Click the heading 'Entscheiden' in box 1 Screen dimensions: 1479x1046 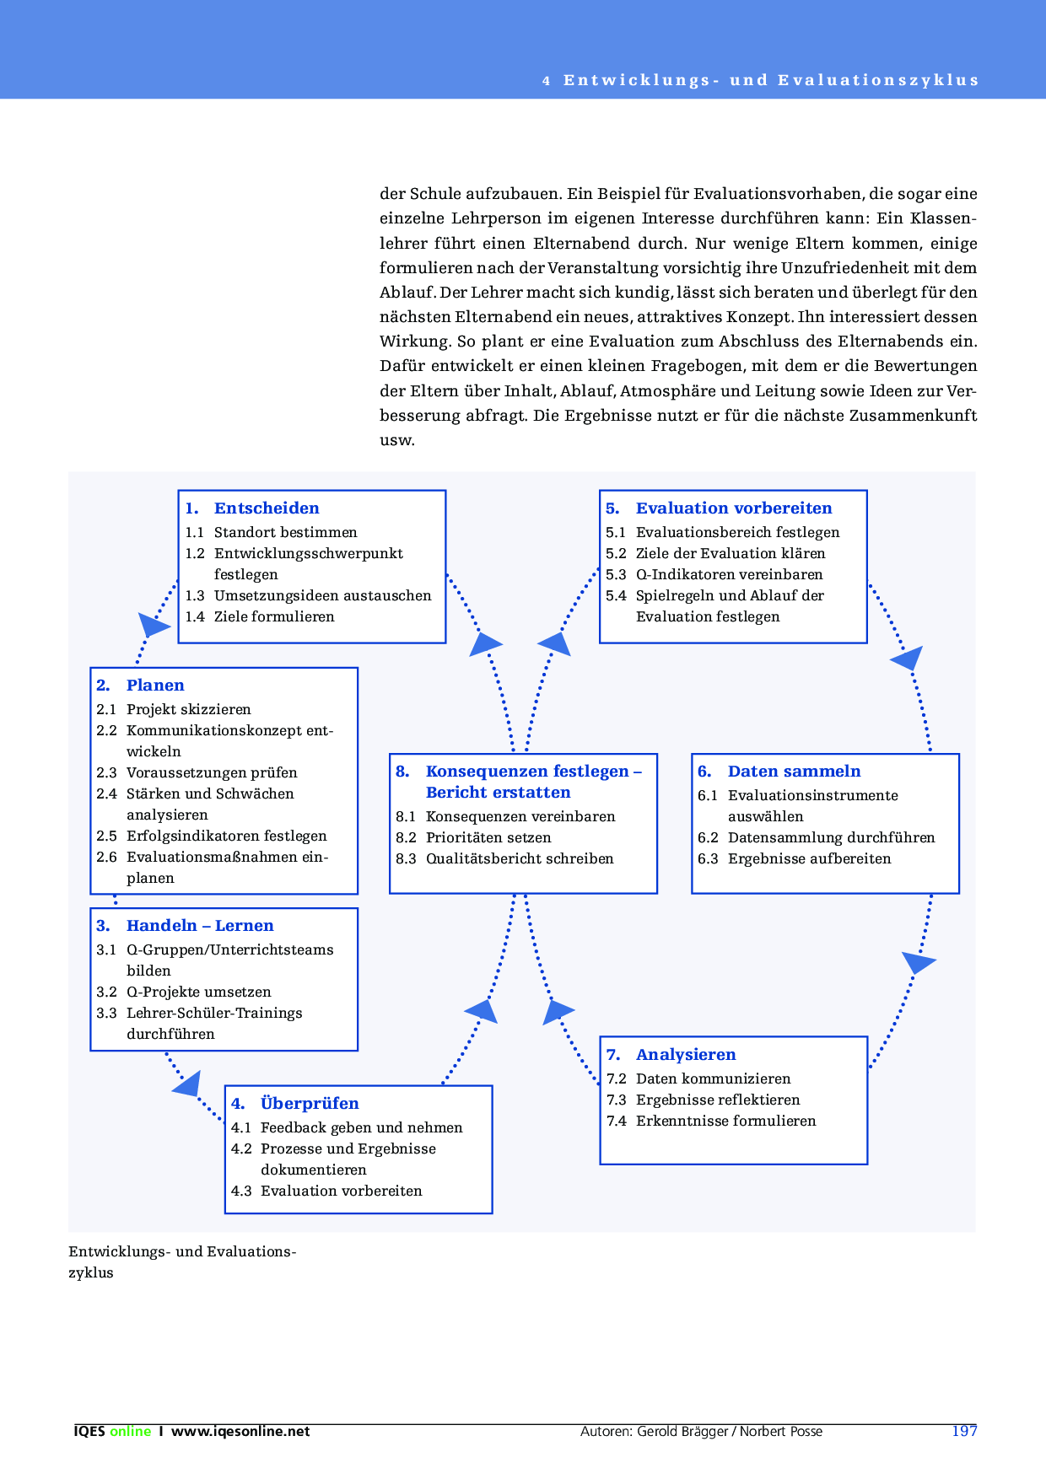(267, 508)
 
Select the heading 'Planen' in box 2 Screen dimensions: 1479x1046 (155, 686)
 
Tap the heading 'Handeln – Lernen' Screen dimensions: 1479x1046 (200, 926)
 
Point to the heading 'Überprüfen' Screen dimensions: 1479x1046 (310, 1104)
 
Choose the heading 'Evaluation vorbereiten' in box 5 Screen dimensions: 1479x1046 (734, 508)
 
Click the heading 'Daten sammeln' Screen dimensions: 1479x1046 (794, 772)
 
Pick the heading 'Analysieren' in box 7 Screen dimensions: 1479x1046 (686, 1055)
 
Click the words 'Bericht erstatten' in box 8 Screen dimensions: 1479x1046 (498, 793)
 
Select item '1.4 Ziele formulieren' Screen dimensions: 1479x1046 (260, 616)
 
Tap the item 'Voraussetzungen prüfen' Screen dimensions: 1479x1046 (212, 772)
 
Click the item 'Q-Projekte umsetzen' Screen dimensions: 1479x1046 (199, 992)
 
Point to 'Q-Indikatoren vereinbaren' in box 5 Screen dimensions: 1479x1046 (729, 574)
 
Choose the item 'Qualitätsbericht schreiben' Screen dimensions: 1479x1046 (520, 858)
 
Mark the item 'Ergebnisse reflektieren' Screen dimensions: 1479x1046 (718, 1100)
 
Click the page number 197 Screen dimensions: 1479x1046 (964, 1431)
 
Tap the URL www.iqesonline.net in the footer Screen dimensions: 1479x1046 (240, 1432)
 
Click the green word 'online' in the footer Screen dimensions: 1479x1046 (130, 1432)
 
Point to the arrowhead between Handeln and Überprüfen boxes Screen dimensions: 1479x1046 (188, 1085)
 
